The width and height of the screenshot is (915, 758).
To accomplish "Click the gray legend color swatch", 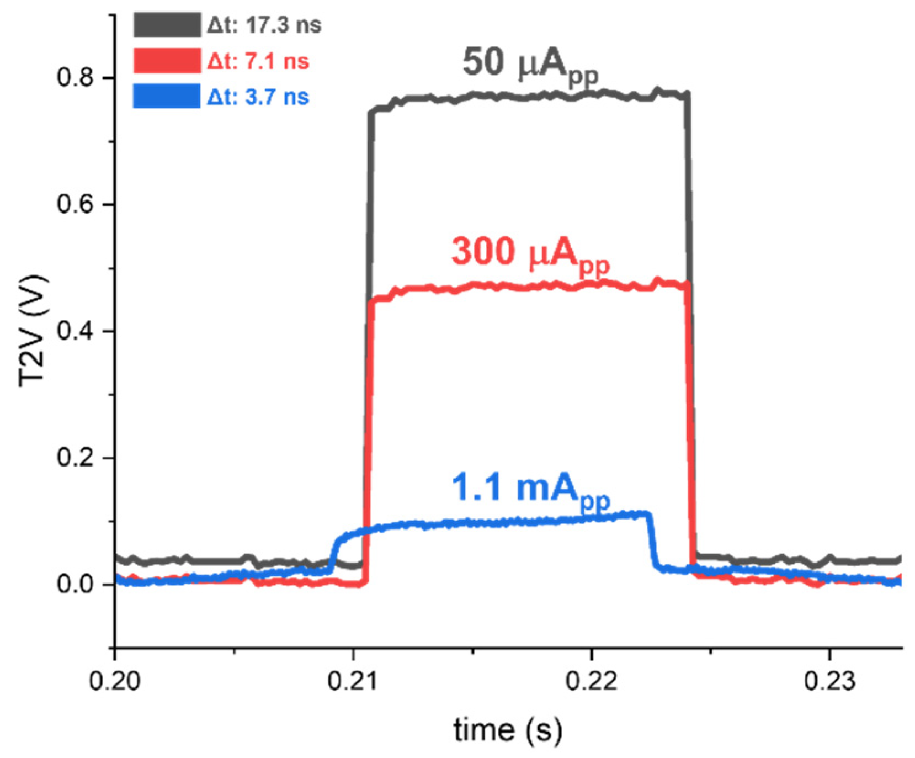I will pyautogui.click(x=167, y=25).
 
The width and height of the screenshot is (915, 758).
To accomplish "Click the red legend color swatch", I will pyautogui.click(x=167, y=61).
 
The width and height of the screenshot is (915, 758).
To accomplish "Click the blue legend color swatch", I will pyautogui.click(x=167, y=97).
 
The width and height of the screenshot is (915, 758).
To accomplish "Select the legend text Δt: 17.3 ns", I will pyautogui.click(x=264, y=25).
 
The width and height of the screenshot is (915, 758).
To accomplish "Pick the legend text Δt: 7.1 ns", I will pyautogui.click(x=258, y=61).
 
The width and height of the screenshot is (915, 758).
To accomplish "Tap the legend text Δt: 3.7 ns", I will pyautogui.click(x=258, y=97).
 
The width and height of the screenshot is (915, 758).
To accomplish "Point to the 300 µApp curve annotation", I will pyautogui.click(x=530, y=253).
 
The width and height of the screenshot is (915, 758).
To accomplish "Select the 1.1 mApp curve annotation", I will pyautogui.click(x=530, y=489).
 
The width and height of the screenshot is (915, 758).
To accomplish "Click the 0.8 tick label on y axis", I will pyautogui.click(x=76, y=77).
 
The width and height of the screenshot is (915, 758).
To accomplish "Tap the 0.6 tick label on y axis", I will pyautogui.click(x=76, y=204).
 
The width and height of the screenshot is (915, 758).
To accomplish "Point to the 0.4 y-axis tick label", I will pyautogui.click(x=76, y=331).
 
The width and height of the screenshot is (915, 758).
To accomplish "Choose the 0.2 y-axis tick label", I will pyautogui.click(x=76, y=458).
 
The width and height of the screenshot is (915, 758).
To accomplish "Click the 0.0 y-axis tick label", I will pyautogui.click(x=76, y=584).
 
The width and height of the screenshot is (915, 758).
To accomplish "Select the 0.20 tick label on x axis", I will pyautogui.click(x=115, y=681).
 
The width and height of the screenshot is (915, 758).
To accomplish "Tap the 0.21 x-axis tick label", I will pyautogui.click(x=353, y=681).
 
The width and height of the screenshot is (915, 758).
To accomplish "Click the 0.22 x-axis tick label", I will pyautogui.click(x=592, y=681).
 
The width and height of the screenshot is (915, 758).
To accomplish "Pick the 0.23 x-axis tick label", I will pyautogui.click(x=829, y=681).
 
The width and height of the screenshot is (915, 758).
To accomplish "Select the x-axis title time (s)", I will pyautogui.click(x=508, y=730).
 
